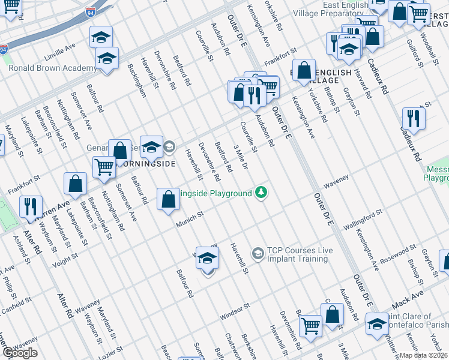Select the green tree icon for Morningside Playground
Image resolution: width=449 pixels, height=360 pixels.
tap(261, 193)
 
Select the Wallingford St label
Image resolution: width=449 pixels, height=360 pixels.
tap(363, 220)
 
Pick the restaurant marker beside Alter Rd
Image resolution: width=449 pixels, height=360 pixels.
tap(30, 206)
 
